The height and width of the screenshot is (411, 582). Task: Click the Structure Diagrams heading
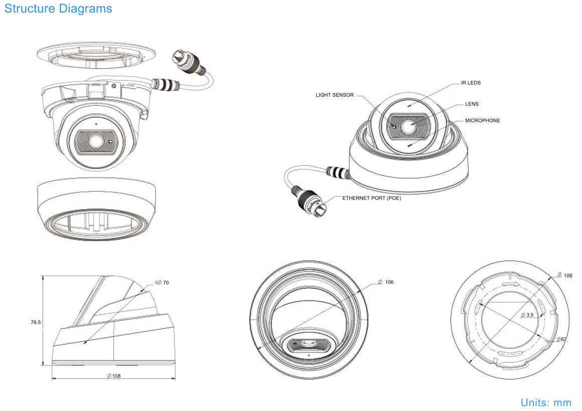[x=58, y=9]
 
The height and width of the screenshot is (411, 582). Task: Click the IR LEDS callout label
[x=471, y=83]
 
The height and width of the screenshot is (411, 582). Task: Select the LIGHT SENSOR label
[x=335, y=95]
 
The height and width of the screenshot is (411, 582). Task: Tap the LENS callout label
[x=472, y=104]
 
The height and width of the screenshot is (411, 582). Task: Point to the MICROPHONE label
[x=482, y=120]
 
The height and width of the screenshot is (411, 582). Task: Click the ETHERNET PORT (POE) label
[x=371, y=198]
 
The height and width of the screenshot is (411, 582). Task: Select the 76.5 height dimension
[x=36, y=323]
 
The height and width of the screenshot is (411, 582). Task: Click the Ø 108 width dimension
[x=114, y=376]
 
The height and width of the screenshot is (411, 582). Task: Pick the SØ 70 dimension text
[x=162, y=283]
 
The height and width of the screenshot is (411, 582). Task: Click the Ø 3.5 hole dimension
[x=527, y=315]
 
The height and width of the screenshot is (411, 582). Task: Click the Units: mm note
[x=546, y=402]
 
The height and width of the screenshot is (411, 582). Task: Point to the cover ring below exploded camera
[x=97, y=211]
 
